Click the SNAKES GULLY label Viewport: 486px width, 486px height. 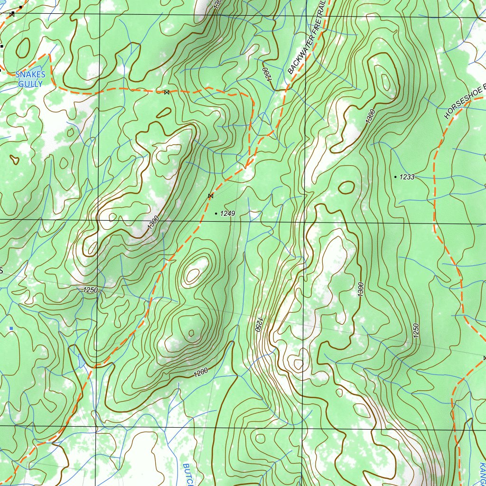pos(30,79)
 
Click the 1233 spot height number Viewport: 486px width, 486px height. pos(407,177)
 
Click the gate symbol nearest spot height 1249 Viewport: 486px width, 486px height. pos(211,196)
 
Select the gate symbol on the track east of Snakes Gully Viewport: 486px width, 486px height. pos(166,92)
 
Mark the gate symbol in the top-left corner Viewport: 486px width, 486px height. pos(12,14)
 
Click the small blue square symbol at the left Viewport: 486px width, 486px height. pos(11,328)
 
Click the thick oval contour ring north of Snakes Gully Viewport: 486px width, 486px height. pos(23,47)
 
